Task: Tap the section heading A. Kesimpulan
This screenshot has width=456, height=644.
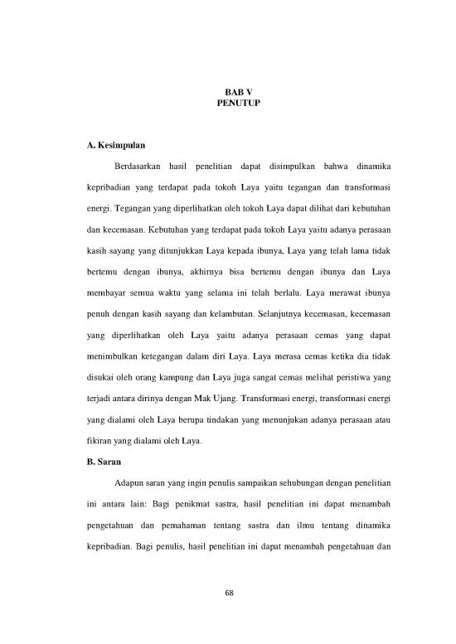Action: tap(120, 147)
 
